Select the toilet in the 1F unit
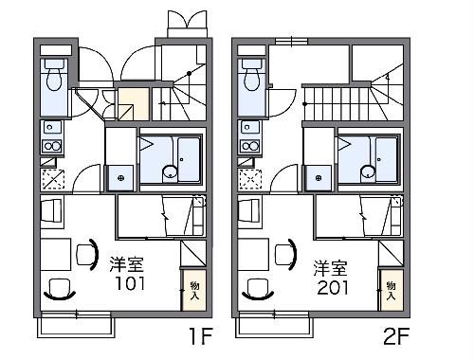coord(53,74)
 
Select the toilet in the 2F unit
coord(251,74)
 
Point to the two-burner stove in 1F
coord(52,146)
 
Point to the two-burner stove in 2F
coord(250,146)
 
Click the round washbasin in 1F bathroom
coord(169,171)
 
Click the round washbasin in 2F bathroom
coord(367,171)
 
